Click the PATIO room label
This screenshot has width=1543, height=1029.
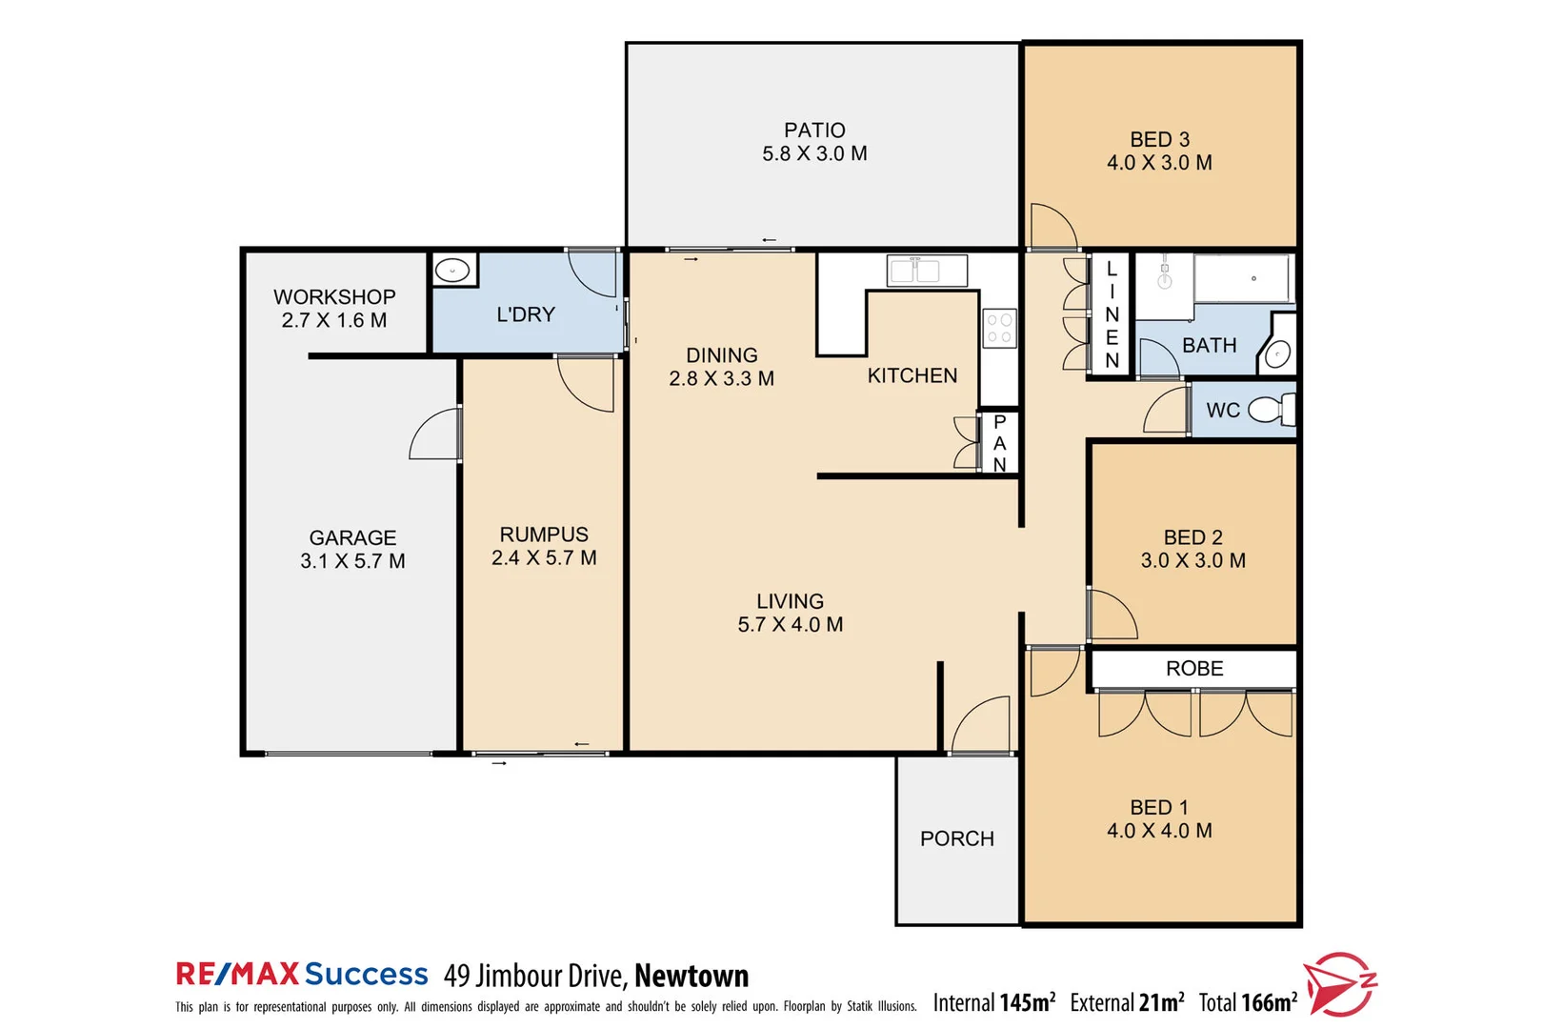click(814, 131)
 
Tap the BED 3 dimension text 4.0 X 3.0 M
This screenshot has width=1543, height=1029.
click(1159, 163)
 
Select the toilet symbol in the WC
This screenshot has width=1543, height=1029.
click(1270, 410)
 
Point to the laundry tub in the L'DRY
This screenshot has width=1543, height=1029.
click(454, 271)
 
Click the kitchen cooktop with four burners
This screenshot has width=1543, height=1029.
click(999, 328)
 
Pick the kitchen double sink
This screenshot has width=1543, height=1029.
click(926, 271)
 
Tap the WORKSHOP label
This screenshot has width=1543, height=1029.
click(334, 297)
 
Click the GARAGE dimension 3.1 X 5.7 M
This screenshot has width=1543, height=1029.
click(352, 561)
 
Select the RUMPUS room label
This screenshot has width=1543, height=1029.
click(544, 535)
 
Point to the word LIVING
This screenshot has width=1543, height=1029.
click(790, 601)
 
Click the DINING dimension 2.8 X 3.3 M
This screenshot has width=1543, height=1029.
click(721, 378)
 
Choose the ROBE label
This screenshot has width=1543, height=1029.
click(1194, 669)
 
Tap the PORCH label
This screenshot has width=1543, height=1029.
click(956, 838)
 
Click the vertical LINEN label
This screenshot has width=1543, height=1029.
click(1112, 314)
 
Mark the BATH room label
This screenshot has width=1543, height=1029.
click(1209, 345)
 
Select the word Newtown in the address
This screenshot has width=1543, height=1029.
click(691, 976)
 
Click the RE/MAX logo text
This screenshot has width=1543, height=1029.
click(237, 974)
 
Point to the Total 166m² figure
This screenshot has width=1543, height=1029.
click(1248, 1002)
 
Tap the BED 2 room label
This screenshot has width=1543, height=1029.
click(1192, 537)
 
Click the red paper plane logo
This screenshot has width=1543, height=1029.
click(1338, 983)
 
